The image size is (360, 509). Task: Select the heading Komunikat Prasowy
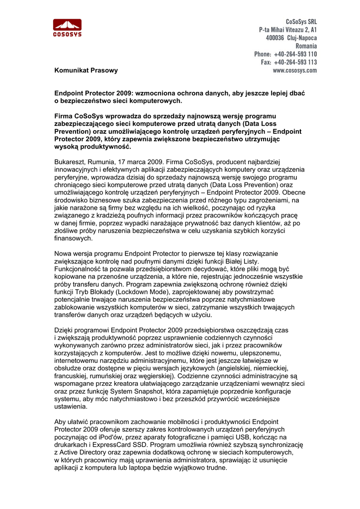pyautogui.click(x=86, y=71)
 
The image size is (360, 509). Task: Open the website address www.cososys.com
pyautogui.click(x=295, y=71)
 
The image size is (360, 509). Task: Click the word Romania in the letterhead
pyautogui.click(x=306, y=46)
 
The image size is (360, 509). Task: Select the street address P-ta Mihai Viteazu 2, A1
pyautogui.click(x=288, y=30)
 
